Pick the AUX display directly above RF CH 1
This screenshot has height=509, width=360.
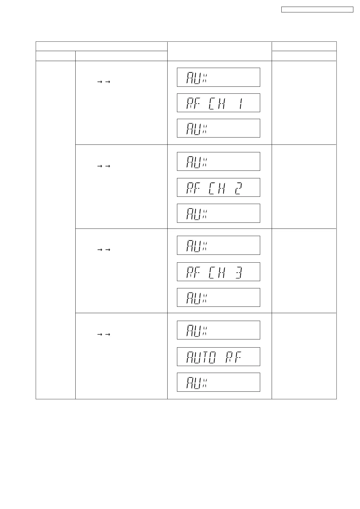pyautogui.click(x=218, y=77)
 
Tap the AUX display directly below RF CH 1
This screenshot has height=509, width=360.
pyautogui.click(x=218, y=128)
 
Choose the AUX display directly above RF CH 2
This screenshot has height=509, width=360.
pyautogui.click(x=218, y=161)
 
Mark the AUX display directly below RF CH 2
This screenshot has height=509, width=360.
pyautogui.click(x=218, y=213)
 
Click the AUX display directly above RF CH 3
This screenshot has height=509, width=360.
pyautogui.click(x=218, y=245)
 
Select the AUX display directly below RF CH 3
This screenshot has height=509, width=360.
pyautogui.click(x=218, y=297)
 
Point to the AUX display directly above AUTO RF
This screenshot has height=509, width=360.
pyautogui.click(x=218, y=330)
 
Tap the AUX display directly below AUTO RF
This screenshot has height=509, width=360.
pyautogui.click(x=218, y=382)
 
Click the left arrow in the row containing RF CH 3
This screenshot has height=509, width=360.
pyautogui.click(x=99, y=250)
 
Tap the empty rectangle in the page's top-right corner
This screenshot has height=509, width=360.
pyautogui.click(x=317, y=10)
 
